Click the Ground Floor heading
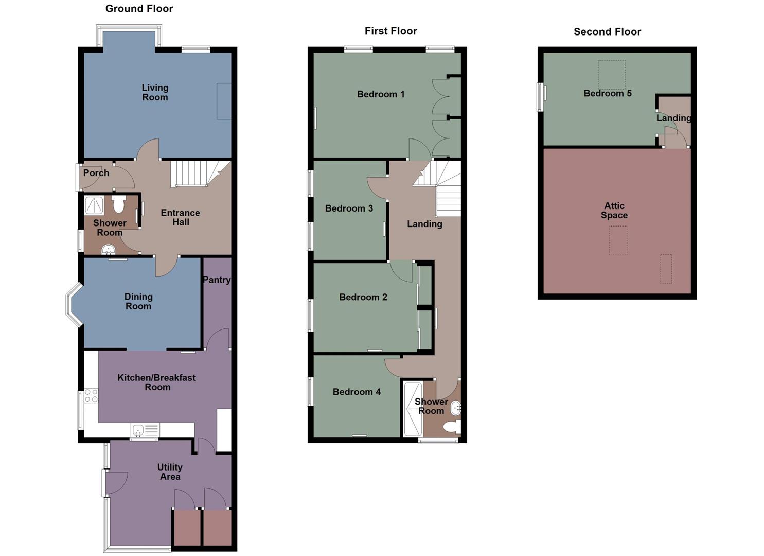tap(139, 9)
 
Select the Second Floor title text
tap(607, 32)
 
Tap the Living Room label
tap(155, 93)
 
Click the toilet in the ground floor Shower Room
tap(119, 204)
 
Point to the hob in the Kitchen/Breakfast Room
tap(91, 396)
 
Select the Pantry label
tap(216, 280)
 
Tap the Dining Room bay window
tap(73, 304)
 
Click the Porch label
tap(96, 173)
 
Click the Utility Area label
tap(170, 472)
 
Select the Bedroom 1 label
tap(381, 94)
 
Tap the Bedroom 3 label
tap(349, 208)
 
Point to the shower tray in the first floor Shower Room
tap(413, 409)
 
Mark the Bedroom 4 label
tap(357, 392)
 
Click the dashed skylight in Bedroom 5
tap(611, 75)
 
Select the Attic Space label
tap(614, 211)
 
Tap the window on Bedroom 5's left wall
tap(541, 96)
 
